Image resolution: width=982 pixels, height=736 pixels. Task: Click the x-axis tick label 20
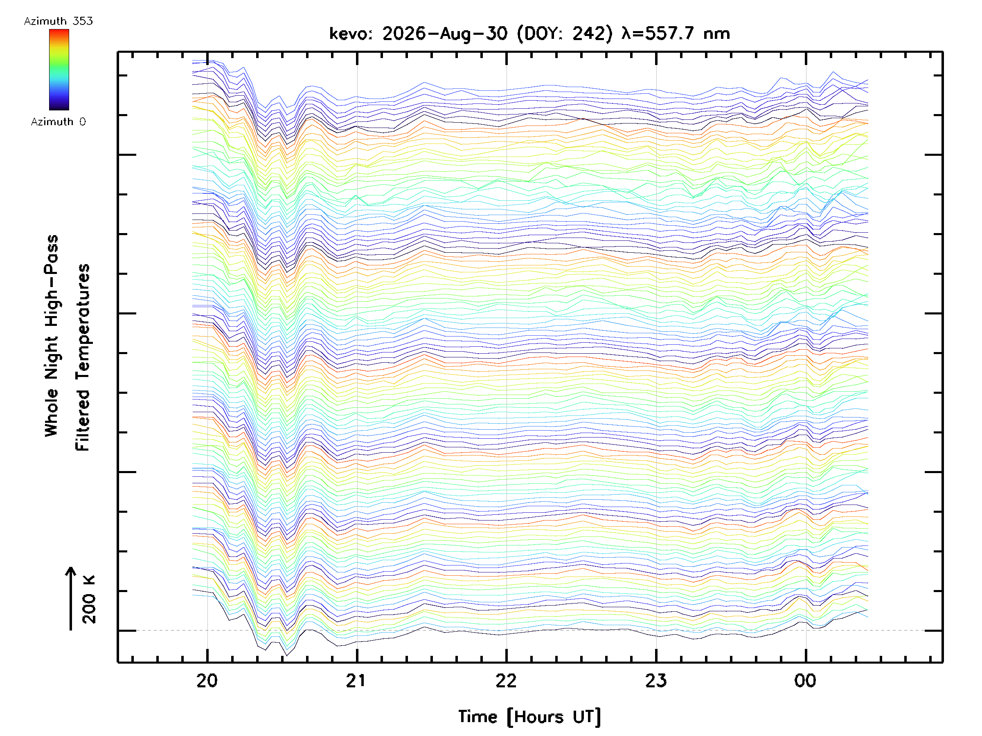click(x=207, y=680)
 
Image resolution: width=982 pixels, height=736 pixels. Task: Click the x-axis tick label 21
click(x=356, y=680)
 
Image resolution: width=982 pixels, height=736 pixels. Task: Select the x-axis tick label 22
click(x=506, y=680)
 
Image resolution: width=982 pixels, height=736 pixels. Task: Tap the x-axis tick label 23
click(x=656, y=680)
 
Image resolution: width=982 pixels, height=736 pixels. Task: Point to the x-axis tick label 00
click(x=805, y=680)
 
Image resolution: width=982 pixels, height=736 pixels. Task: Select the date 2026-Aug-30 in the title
click(x=445, y=34)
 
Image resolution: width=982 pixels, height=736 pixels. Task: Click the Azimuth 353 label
click(x=58, y=21)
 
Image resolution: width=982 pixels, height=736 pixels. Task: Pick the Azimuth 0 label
click(x=58, y=121)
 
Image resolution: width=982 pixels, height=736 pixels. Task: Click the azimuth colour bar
click(x=59, y=70)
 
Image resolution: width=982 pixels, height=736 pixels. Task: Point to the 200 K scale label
click(x=89, y=599)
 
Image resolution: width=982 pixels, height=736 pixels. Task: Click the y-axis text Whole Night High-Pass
click(x=52, y=336)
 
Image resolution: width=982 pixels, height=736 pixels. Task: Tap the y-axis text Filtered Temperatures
click(x=83, y=358)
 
